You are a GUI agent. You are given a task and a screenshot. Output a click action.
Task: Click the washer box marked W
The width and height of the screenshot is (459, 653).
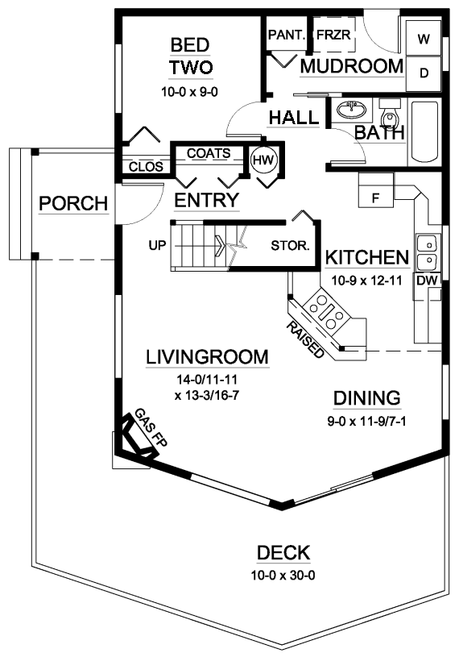(424, 39)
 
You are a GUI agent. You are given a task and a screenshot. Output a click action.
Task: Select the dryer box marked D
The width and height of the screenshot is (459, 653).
(424, 73)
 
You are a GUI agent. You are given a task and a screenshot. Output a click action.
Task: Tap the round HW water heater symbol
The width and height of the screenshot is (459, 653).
(263, 160)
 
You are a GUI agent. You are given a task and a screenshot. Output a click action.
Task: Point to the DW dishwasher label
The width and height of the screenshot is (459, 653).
(428, 281)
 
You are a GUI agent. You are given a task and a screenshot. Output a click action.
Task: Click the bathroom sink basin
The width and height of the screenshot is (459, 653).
(352, 110)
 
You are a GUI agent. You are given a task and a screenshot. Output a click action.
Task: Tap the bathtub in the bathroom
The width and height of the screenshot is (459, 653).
(424, 131)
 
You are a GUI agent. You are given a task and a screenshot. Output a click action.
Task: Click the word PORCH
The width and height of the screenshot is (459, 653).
(73, 204)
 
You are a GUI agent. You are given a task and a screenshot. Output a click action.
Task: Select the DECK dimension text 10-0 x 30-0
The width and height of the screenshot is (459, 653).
(283, 576)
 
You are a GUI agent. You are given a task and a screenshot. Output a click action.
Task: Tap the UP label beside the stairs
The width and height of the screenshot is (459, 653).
(157, 246)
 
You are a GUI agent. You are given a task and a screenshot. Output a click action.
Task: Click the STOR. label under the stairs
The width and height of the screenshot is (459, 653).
(291, 246)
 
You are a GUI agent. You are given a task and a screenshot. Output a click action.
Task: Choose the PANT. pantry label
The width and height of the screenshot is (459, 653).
(287, 35)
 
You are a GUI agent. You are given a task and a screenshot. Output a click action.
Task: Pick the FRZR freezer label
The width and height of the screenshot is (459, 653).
(333, 35)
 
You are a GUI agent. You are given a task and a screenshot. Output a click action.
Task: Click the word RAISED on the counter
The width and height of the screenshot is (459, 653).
(305, 339)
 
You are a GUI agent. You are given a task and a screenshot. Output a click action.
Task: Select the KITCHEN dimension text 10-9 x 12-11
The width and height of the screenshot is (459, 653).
(366, 281)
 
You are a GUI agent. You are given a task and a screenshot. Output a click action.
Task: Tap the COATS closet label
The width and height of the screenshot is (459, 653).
(209, 153)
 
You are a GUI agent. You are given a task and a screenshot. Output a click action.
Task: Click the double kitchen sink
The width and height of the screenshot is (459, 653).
(427, 252)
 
